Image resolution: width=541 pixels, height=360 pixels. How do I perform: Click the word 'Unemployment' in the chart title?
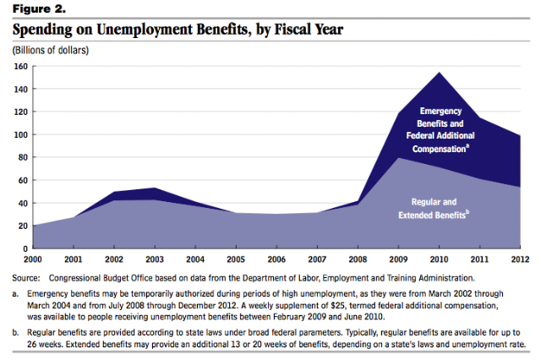click(150, 28)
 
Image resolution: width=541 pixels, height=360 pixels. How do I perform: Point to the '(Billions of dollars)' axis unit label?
click(50, 50)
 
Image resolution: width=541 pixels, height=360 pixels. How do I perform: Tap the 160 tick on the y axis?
click(20, 66)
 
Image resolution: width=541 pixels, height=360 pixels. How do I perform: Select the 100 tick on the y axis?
click(20, 134)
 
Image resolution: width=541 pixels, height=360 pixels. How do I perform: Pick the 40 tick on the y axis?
click(23, 203)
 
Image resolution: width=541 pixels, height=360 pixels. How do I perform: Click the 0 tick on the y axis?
click(25, 248)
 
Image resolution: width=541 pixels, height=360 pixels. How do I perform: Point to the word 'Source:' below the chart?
click(28, 277)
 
